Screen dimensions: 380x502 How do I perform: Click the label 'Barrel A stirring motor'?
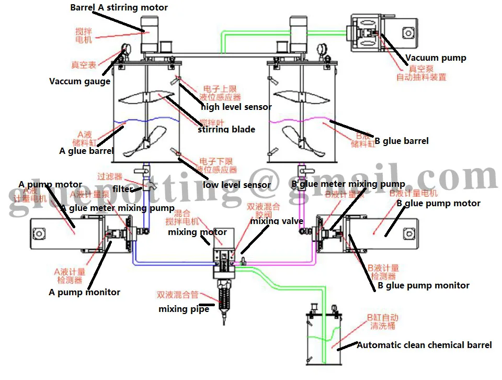coord(119,7)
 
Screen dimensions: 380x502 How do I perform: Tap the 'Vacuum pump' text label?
coord(436,58)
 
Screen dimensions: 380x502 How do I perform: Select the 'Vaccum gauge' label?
coord(79,81)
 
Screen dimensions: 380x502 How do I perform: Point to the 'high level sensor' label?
coord(236,107)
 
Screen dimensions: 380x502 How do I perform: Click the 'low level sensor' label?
coord(237,184)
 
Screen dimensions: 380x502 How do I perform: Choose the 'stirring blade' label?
coord(226,129)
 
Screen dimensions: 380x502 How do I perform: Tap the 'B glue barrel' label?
coord(402,140)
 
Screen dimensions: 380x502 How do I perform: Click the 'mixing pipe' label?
coord(184,309)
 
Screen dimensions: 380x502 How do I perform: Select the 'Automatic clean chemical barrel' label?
coord(424,345)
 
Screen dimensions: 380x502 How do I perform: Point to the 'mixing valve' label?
coord(277,221)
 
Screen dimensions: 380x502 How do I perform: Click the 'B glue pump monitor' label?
coord(424,285)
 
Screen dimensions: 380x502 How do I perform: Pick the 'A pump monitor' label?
coord(85,292)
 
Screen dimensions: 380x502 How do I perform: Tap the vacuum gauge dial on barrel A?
coord(125,50)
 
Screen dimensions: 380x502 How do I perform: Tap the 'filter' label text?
coord(123,189)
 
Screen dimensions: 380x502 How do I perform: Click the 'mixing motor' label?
coord(197,232)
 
